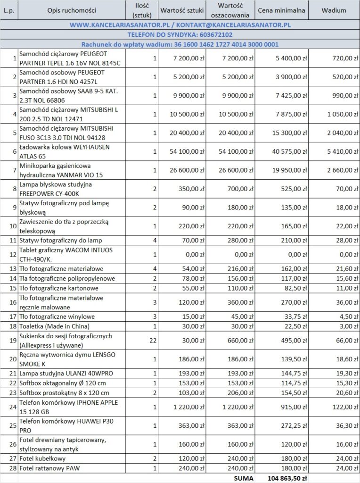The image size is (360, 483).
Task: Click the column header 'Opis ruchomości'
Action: pyautogui.click(x=72, y=10)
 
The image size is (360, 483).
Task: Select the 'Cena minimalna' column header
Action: pyautogui.click(x=282, y=10)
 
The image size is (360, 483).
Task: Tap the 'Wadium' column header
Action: pyautogui.click(x=334, y=10)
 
